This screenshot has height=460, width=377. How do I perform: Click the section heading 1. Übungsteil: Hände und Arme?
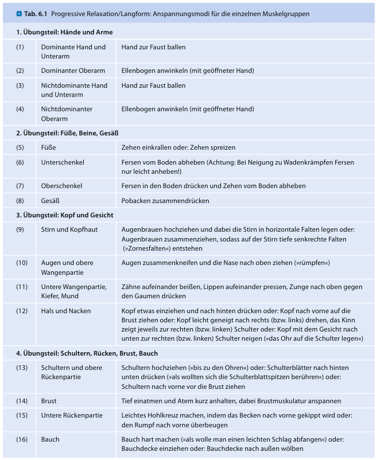(64, 32)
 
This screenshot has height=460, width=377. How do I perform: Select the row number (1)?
(20, 47)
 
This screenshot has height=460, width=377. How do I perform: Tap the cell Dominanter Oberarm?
(73, 71)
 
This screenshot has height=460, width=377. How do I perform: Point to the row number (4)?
(20, 109)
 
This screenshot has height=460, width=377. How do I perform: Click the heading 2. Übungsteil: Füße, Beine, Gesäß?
(67, 133)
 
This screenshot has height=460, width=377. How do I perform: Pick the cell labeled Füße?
(49, 147)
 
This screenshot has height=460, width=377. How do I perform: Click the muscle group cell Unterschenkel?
(63, 162)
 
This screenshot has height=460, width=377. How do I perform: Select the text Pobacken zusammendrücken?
(165, 201)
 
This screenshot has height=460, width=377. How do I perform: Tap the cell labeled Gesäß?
(50, 201)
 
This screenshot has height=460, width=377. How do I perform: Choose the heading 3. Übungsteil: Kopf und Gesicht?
(65, 215)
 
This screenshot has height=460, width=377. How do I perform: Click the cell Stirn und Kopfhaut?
(68, 229)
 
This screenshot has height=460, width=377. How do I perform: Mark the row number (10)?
(22, 263)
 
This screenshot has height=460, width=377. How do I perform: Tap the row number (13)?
(22, 367)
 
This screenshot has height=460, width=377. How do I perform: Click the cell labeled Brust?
(49, 401)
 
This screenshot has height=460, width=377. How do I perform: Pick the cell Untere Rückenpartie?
(72, 415)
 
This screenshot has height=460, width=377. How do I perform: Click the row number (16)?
(22, 439)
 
